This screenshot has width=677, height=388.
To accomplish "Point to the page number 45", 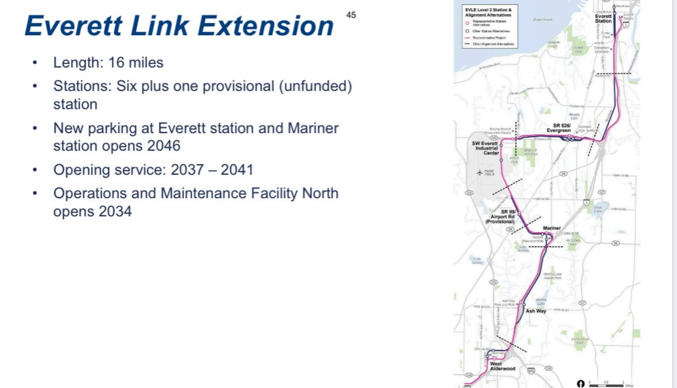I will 351,15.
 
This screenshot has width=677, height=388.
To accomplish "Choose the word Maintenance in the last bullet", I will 206,193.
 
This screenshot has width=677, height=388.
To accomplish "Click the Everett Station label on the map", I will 603,18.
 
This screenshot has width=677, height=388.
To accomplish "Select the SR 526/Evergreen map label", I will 558,127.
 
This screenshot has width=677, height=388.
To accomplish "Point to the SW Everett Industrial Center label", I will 485,148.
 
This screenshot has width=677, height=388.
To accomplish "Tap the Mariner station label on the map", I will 552,228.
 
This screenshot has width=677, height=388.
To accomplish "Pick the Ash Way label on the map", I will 536,311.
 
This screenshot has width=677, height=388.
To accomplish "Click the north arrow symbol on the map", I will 581,383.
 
